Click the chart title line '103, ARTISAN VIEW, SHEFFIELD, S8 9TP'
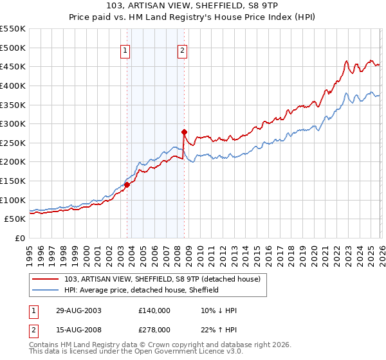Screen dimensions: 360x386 [193, 7]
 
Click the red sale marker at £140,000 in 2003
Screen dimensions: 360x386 [127, 184]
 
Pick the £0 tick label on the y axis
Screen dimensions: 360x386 [19, 238]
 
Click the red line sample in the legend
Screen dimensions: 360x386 [46, 279]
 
